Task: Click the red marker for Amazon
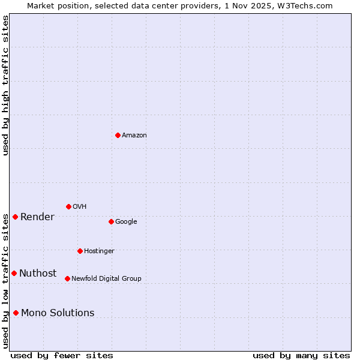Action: [118, 135]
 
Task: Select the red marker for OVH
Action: [68, 206]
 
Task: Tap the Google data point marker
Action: [111, 221]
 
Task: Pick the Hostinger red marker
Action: [80, 251]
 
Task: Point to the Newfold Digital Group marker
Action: [67, 278]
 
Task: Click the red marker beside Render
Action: [15, 217]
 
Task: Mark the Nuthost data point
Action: [14, 273]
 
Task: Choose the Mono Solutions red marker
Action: [16, 313]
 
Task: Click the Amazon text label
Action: [134, 136]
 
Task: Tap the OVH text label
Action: [80, 207]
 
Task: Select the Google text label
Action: [126, 222]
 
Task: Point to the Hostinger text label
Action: [99, 251]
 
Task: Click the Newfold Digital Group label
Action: [106, 279]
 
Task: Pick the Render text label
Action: [37, 217]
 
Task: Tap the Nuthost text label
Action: [38, 274]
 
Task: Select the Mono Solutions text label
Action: [58, 313]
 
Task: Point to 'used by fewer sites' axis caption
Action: [62, 355]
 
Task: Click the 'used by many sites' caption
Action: [301, 355]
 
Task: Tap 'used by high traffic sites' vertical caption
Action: [5, 85]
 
